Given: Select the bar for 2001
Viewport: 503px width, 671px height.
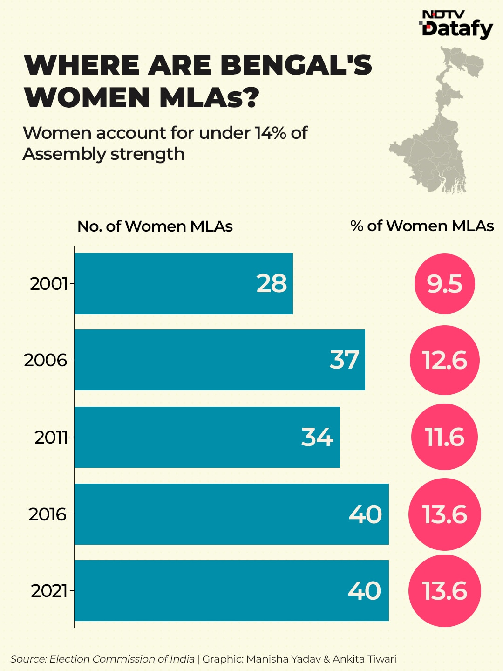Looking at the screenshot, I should pyautogui.click(x=184, y=283).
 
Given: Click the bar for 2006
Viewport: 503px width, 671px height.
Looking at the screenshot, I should pyautogui.click(x=219, y=360).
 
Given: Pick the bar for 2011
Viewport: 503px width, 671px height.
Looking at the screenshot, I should pyautogui.click(x=207, y=437).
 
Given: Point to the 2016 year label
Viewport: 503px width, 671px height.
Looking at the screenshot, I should pyautogui.click(x=48, y=514).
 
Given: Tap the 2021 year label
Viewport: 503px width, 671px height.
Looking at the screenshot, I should pyautogui.click(x=49, y=591).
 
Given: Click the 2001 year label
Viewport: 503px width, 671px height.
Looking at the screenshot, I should pyautogui.click(x=48, y=283).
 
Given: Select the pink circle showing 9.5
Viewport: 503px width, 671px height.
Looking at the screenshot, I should pyautogui.click(x=444, y=283).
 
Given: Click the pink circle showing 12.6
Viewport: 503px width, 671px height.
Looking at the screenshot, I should pyautogui.click(x=444, y=360).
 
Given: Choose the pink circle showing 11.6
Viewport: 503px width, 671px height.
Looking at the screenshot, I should pyautogui.click(x=444, y=437).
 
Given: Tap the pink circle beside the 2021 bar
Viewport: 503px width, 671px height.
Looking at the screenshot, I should pyautogui.click(x=444, y=591).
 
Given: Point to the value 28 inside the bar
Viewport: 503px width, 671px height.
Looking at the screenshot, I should pyautogui.click(x=272, y=283).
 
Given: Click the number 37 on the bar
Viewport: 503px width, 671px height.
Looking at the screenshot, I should pyautogui.click(x=344, y=360).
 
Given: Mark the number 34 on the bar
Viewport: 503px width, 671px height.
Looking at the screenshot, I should pyautogui.click(x=317, y=437).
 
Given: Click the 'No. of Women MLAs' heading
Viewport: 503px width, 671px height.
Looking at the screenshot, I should pyautogui.click(x=155, y=226).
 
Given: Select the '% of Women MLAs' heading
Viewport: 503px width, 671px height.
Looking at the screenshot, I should pyautogui.click(x=422, y=226).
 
